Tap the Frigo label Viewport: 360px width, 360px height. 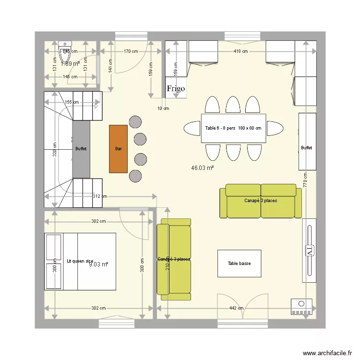click(176, 89)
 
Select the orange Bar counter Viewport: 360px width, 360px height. click(119, 148)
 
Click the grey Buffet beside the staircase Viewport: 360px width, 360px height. click(81, 149)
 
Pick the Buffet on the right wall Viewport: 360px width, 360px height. click(307, 142)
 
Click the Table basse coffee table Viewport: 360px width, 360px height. click(239, 263)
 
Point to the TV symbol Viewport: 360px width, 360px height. click(309, 251)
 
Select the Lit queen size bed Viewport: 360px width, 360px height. click(80, 261)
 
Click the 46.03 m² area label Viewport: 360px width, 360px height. click(202, 168)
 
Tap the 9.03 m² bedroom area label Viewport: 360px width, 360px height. click(98, 264)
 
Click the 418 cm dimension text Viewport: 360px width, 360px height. click(240, 51)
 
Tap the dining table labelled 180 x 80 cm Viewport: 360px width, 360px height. click(233, 128)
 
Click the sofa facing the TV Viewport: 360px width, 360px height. click(261, 201)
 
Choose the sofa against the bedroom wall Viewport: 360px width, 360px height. click(174, 256)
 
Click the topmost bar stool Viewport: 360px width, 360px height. click(135, 121)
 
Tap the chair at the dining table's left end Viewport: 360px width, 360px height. click(192, 128)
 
